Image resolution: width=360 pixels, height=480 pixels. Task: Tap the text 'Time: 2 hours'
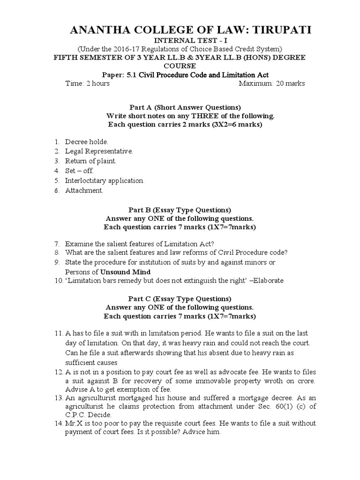pyautogui.click(x=88, y=83)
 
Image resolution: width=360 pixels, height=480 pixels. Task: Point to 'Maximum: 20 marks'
pyautogui.click(x=272, y=83)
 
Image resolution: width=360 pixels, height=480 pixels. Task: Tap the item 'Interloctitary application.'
pyautogui.click(x=105, y=180)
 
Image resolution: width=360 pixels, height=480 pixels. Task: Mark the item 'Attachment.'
pyautogui.click(x=84, y=190)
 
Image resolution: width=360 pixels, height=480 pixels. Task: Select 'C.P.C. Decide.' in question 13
pyautogui.click(x=89, y=415)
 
